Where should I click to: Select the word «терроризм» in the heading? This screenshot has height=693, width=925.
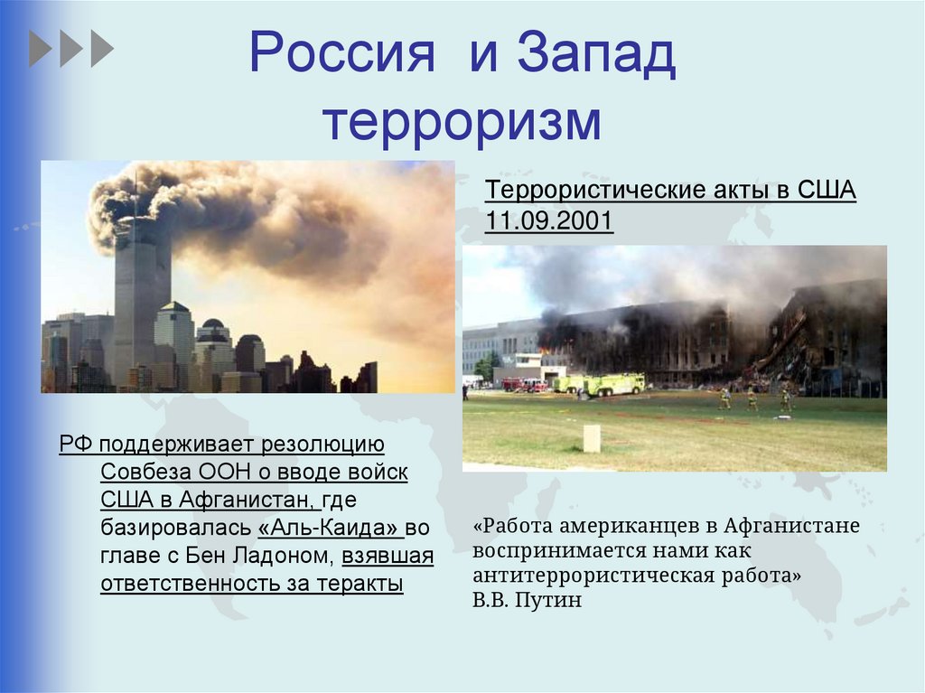(462, 121)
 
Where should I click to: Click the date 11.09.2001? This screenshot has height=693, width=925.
(549, 221)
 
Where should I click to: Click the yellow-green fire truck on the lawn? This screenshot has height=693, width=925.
(614, 384)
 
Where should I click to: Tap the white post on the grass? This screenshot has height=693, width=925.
(592, 438)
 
